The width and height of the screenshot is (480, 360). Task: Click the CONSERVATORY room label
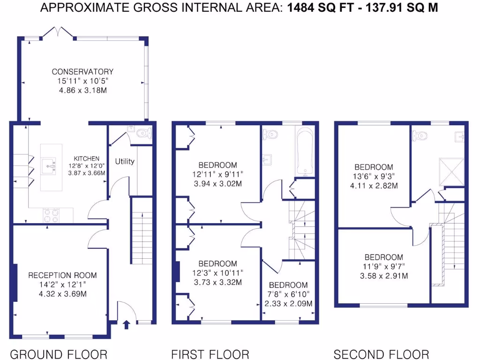click(82, 72)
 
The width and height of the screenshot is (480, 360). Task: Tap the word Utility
click(125, 161)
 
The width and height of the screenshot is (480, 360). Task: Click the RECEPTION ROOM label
click(62, 275)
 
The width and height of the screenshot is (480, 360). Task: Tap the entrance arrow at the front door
click(126, 324)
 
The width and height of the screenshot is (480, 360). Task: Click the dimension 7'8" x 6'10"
click(288, 294)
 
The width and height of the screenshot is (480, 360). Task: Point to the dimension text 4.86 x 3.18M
click(82, 90)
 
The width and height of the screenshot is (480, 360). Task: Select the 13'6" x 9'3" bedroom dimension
click(374, 176)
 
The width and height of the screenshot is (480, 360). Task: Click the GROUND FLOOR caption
click(59, 354)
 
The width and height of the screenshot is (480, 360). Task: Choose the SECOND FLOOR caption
click(381, 354)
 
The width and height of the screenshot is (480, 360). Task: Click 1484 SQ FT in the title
click(312, 7)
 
